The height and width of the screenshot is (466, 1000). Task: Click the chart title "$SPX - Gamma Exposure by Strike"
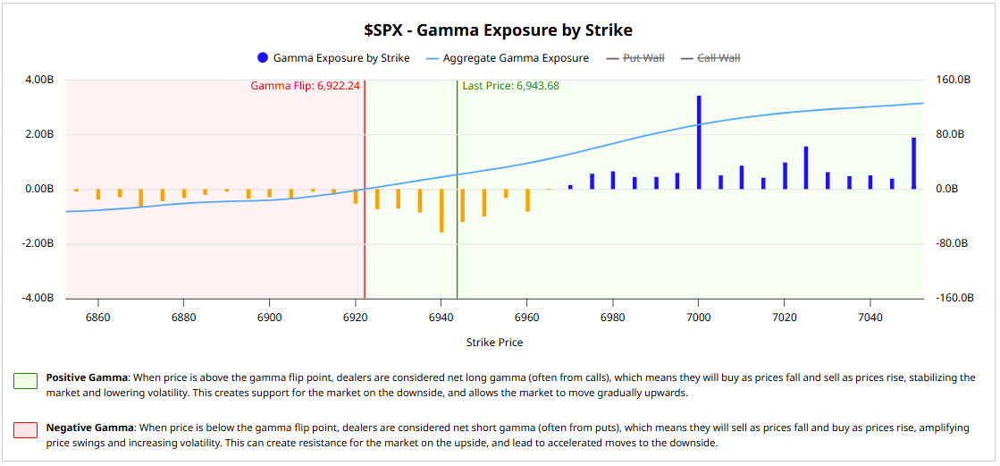(498, 30)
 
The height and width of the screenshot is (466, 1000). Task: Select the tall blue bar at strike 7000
(699, 142)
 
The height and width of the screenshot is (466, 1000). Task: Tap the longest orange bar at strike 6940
(441, 210)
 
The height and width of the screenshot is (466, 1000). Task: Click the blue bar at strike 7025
(806, 167)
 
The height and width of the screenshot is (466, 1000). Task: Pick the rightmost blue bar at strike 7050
(913, 163)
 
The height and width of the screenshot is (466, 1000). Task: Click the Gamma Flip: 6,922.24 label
(305, 86)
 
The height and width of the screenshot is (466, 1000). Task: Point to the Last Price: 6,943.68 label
(510, 86)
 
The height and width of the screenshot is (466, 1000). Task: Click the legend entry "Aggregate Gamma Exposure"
(516, 58)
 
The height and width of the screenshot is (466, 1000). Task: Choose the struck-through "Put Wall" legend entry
(643, 58)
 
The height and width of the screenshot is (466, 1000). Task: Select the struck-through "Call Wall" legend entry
(718, 58)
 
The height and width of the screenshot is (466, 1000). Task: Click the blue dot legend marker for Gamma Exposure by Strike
(262, 58)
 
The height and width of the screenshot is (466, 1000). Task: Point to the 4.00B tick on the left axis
(39, 80)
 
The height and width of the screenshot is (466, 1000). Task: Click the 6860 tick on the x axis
(97, 318)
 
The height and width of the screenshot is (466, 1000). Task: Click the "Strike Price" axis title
(494, 343)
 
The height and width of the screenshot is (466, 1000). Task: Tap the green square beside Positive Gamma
(25, 382)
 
